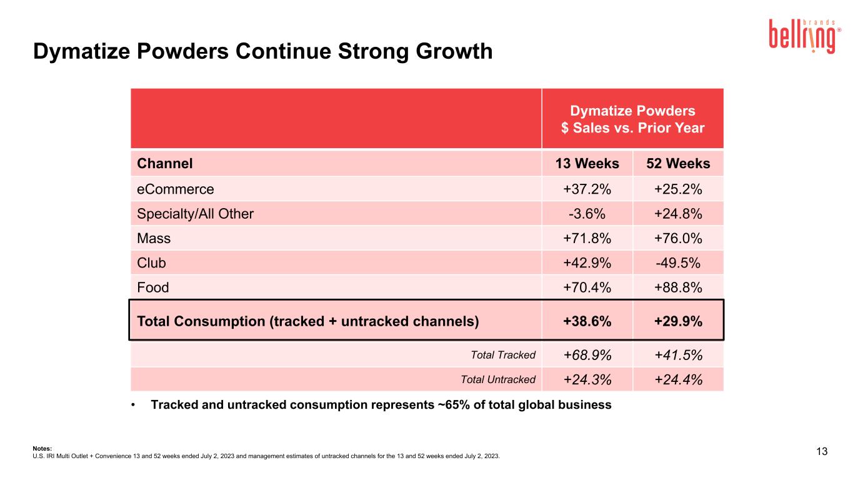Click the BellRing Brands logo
[x=805, y=36]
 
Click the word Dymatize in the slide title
[x=81, y=51]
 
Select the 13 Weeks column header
[x=587, y=163]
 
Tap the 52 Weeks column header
[x=678, y=163]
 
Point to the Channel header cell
[x=164, y=163]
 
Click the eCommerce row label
[x=175, y=189]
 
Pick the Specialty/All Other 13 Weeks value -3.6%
[x=587, y=214]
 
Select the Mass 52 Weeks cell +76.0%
[x=678, y=239]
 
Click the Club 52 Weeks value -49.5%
[x=678, y=263]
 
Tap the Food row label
[x=152, y=287]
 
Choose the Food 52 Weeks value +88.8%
[x=678, y=287]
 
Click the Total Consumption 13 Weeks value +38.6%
[x=587, y=321]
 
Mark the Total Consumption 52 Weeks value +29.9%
[x=678, y=321]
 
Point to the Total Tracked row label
[x=503, y=355]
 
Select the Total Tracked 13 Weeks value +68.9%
[x=587, y=355]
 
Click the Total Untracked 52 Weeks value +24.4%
[x=678, y=380]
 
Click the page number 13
[x=822, y=451]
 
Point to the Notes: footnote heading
[x=42, y=448]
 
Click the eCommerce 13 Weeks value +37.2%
[x=587, y=189]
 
